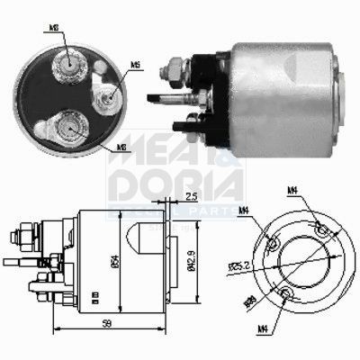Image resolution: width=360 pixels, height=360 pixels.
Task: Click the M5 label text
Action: coord(134,65)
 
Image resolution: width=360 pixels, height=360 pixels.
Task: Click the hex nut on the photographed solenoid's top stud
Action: coord(170,66)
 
